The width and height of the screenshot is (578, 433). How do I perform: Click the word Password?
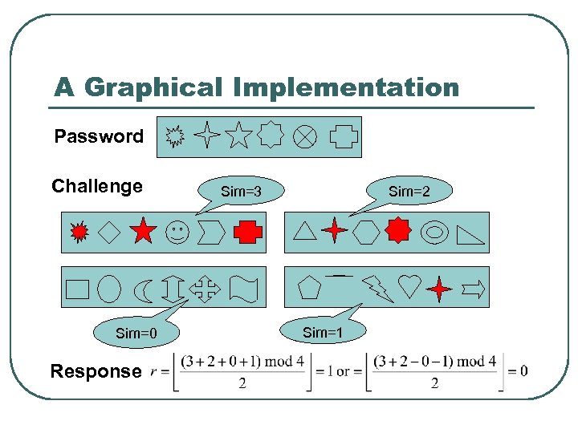click(99, 136)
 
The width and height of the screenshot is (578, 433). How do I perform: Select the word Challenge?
click(97, 187)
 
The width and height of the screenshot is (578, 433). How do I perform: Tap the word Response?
click(95, 371)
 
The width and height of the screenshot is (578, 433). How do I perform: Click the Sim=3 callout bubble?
click(242, 192)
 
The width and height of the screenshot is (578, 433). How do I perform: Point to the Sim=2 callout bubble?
click(409, 192)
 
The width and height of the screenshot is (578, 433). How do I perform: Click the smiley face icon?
click(177, 232)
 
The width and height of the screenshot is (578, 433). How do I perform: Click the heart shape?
click(409, 285)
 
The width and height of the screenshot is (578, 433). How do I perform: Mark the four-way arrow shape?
click(205, 289)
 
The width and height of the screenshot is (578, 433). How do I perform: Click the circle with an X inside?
click(303, 136)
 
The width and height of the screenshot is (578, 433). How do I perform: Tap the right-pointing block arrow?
click(474, 288)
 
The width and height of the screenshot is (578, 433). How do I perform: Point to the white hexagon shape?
click(367, 232)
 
